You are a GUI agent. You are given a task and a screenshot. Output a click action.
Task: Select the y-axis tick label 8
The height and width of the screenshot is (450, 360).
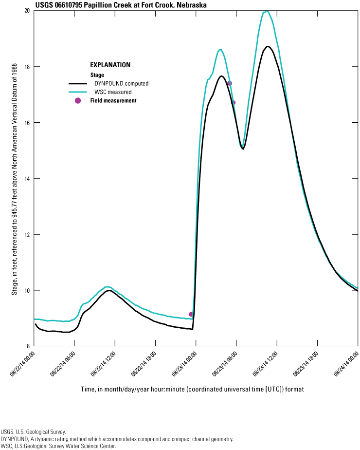(29, 346)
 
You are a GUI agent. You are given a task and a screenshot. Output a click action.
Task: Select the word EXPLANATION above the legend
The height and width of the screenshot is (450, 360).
(110, 65)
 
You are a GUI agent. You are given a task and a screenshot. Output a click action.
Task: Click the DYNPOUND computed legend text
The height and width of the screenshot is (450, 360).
(121, 83)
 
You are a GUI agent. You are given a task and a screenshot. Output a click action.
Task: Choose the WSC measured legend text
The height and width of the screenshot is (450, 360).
(113, 92)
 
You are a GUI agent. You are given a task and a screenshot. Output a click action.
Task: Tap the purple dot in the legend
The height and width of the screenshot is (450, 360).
(77, 100)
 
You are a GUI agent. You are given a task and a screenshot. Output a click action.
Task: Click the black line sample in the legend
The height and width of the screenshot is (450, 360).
(77, 83)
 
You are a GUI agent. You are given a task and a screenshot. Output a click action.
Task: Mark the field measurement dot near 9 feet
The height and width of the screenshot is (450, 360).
(191, 314)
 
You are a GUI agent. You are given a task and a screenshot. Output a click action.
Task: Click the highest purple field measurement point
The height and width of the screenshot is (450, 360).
(230, 83)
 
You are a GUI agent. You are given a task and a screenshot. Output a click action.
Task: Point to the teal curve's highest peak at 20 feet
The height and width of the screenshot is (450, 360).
(266, 11)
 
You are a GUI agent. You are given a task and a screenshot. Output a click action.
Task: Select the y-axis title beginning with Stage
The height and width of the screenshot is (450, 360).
(15, 178)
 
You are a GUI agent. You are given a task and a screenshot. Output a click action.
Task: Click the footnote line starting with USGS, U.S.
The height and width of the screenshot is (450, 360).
(33, 431)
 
